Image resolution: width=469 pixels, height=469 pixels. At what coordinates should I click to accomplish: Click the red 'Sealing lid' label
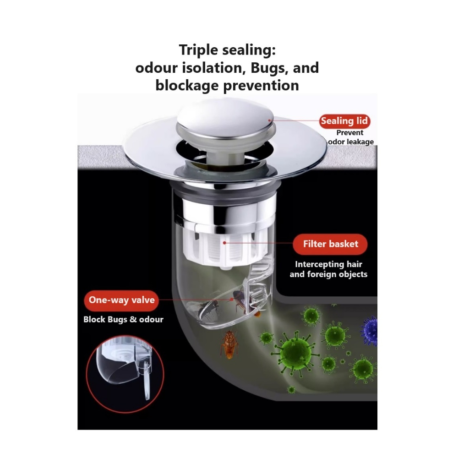click(344, 121)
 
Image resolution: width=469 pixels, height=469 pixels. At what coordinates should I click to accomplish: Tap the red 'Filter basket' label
click(330, 244)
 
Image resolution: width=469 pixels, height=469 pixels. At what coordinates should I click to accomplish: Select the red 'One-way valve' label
click(121, 300)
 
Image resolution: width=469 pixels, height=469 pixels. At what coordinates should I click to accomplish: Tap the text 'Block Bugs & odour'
click(123, 319)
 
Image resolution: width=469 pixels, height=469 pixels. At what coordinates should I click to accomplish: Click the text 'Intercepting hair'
click(328, 264)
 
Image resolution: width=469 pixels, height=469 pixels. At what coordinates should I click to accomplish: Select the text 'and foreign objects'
click(328, 274)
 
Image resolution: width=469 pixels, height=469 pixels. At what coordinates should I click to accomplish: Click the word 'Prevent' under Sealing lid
click(349, 132)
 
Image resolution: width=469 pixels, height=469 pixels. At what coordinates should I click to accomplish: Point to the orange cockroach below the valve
click(229, 344)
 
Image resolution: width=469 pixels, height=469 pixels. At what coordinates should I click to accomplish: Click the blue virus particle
click(370, 331)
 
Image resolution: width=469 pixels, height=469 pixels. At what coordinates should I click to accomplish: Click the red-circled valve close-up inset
click(125, 374)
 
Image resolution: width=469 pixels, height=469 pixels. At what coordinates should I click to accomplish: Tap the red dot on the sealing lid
click(269, 120)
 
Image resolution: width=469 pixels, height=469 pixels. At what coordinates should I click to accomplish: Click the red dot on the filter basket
click(224, 243)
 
